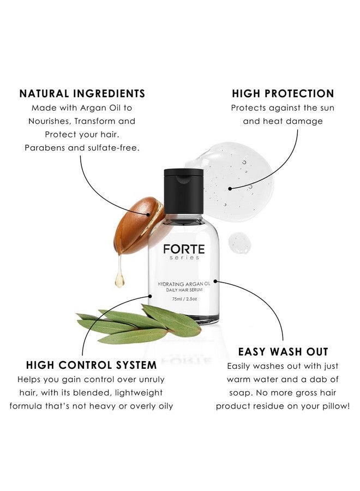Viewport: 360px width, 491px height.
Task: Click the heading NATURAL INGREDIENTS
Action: (x=82, y=93)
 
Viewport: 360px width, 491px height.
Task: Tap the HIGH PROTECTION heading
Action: (x=283, y=93)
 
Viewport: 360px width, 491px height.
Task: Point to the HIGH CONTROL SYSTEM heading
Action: (x=91, y=364)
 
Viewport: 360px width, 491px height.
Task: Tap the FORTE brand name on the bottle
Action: (x=184, y=249)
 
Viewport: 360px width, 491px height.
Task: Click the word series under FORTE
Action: (x=184, y=258)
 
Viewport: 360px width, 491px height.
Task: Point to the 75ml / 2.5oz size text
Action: (x=184, y=298)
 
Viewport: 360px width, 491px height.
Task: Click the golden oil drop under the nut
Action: (x=119, y=280)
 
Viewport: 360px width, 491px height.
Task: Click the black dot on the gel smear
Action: (x=230, y=188)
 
